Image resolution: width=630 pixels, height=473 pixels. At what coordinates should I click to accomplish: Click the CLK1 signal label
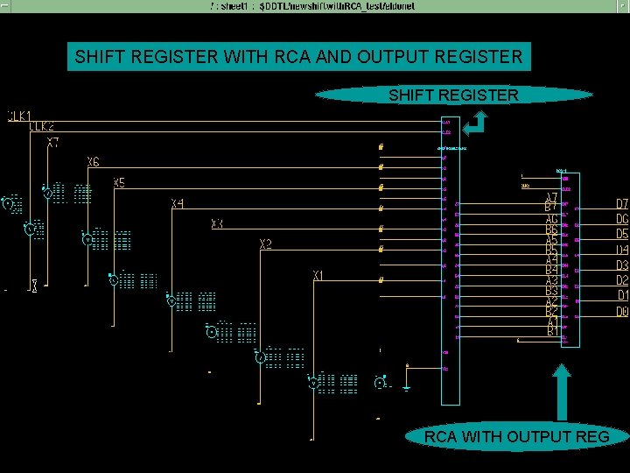(20, 116)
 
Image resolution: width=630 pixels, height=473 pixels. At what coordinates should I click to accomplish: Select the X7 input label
(54, 142)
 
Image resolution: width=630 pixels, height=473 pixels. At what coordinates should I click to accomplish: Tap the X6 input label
(94, 163)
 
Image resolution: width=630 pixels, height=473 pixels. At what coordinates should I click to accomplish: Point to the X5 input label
(120, 183)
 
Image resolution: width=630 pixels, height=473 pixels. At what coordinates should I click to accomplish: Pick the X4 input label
(178, 204)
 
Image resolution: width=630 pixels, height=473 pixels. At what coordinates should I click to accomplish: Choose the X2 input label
(266, 244)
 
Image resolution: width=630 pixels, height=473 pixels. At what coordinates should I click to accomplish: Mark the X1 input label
(320, 277)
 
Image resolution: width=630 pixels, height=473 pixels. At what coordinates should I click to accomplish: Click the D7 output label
(622, 204)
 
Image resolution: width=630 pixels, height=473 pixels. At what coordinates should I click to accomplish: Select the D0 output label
(622, 311)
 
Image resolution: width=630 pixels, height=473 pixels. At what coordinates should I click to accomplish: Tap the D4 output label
(622, 250)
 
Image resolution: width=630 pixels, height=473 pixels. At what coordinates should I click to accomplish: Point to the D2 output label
(622, 280)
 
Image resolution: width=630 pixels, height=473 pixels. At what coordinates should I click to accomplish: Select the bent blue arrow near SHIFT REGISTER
(478, 126)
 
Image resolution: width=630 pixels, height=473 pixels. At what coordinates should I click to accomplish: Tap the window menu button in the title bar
(5, 5)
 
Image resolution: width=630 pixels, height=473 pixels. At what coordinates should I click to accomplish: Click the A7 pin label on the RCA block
(552, 199)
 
